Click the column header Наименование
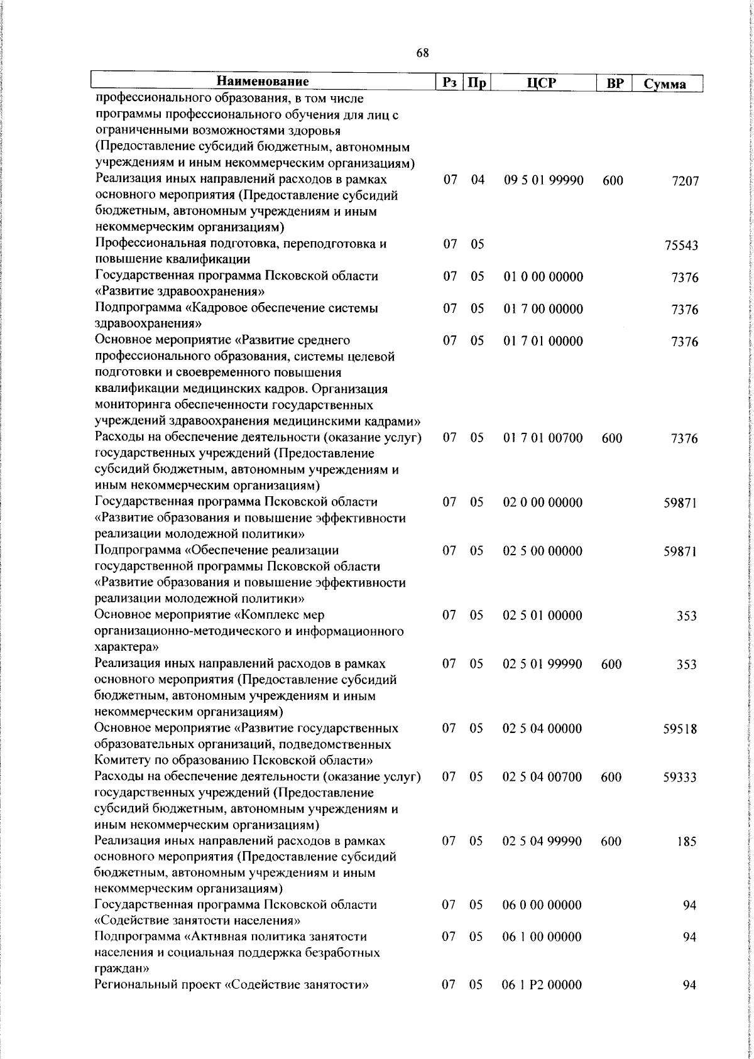tap(263, 82)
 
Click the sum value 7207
tap(684, 181)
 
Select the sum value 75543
tap(681, 246)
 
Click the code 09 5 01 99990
tap(544, 180)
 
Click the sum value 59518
tap(680, 730)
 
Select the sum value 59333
tap(680, 778)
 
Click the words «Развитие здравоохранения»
tap(179, 292)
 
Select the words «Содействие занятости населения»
tap(195, 921)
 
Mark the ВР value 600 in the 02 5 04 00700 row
tap(611, 778)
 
